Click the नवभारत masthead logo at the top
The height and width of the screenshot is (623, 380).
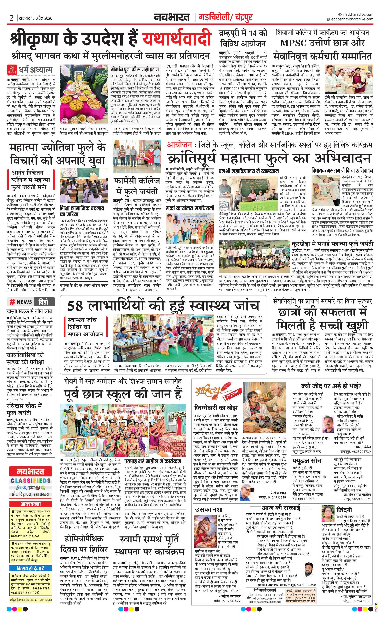(x=172, y=17)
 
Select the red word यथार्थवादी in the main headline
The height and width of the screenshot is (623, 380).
(x=176, y=39)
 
